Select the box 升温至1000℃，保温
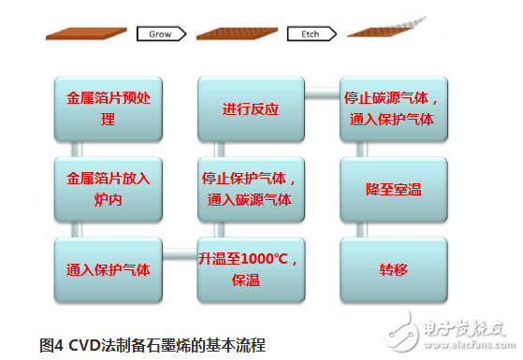coord(250,269)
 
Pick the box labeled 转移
coord(392,270)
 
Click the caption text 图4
coord(51,341)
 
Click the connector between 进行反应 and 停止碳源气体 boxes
coord(321,91)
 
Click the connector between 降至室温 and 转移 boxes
coord(392,229)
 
